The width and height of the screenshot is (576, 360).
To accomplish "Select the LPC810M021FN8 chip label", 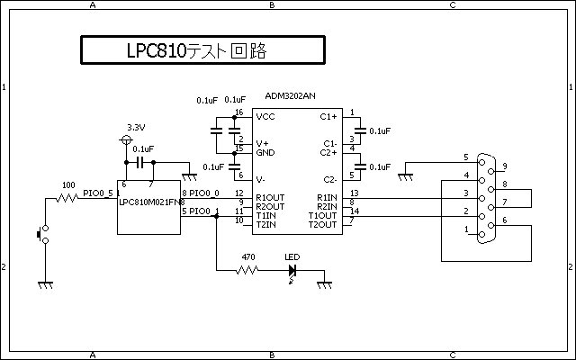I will click(x=151, y=202).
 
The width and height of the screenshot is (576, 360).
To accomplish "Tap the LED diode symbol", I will click(x=292, y=268).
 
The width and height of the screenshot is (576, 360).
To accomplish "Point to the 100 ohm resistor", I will click(x=67, y=195).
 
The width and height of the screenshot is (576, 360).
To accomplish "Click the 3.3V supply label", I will click(x=137, y=127).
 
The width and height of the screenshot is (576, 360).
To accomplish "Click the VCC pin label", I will click(x=265, y=117).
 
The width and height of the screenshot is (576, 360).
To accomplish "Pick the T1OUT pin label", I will click(x=322, y=215).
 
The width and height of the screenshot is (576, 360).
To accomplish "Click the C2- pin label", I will click(x=328, y=179).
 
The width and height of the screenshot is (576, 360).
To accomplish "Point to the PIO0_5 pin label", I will click(x=98, y=192).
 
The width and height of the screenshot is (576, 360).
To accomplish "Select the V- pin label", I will click(x=262, y=179).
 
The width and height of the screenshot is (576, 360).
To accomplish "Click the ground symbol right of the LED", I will click(x=325, y=283).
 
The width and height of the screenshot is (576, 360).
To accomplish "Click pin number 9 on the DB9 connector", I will click(x=506, y=166).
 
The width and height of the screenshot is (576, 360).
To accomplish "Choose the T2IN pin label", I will click(x=266, y=223).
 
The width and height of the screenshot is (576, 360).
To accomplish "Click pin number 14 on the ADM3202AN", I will click(x=354, y=211).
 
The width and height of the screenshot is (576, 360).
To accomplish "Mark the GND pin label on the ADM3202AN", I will click(x=265, y=153).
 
